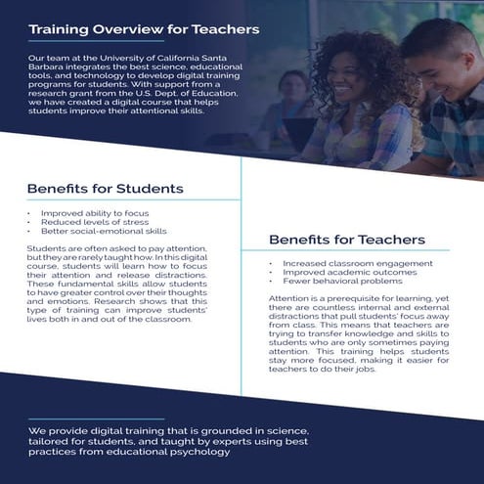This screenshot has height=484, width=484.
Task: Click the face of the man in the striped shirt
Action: tap(440, 59)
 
